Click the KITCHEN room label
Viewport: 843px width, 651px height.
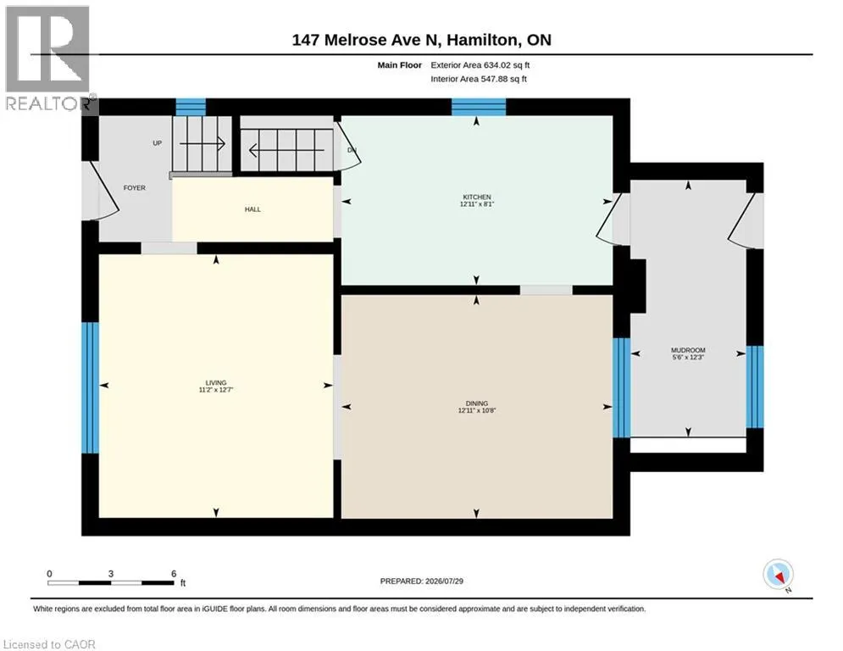(477, 197)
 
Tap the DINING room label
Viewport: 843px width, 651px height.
(477, 403)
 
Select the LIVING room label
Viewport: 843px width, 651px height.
(216, 382)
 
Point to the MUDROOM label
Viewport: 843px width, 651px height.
(688, 350)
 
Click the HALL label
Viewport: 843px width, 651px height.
(252, 209)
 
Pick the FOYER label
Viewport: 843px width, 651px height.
(135, 188)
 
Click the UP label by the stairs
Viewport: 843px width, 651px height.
(157, 143)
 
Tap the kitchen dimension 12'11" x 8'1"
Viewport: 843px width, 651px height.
(477, 204)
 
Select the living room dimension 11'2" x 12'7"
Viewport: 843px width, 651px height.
(216, 390)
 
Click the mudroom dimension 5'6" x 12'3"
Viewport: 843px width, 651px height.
(688, 357)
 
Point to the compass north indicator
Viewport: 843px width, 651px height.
(778, 575)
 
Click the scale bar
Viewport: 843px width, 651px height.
(111, 582)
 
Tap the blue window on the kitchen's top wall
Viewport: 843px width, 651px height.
(479, 107)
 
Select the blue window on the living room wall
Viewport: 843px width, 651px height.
(91, 387)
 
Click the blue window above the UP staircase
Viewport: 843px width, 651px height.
(191, 107)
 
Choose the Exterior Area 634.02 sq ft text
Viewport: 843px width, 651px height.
(480, 65)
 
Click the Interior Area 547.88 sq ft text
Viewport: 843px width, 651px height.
(479, 79)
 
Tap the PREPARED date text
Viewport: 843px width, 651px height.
(422, 581)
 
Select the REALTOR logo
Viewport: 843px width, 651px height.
(48, 58)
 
